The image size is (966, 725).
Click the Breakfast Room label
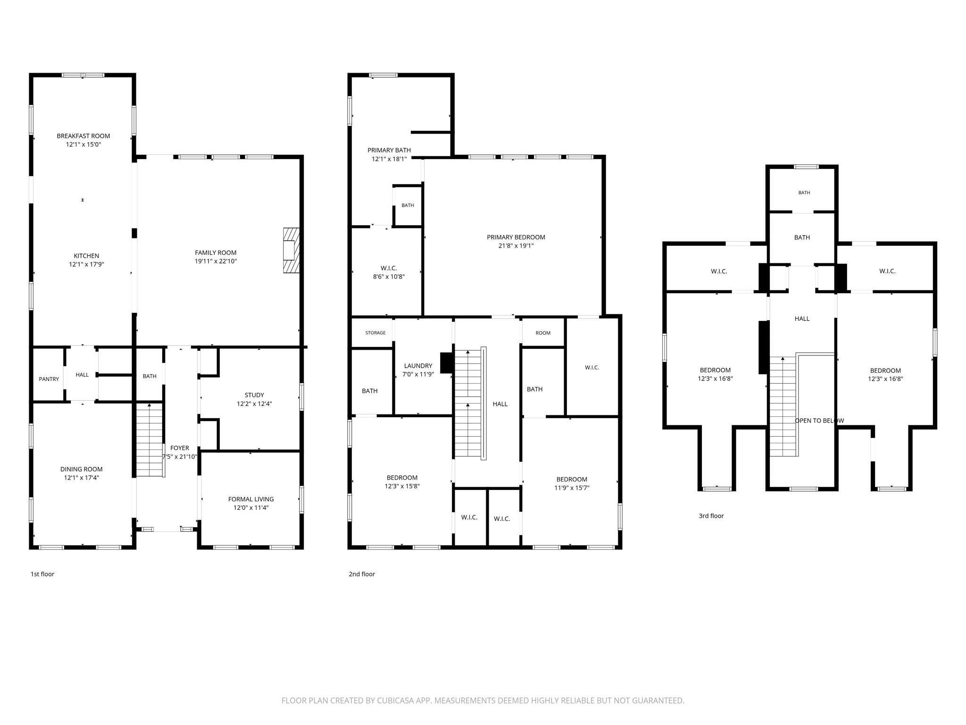[x=83, y=136]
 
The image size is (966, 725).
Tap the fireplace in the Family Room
[x=291, y=250]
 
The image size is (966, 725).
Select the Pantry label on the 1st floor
[x=49, y=379]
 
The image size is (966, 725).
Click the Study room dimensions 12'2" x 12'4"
[x=254, y=404]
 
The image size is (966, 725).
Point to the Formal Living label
[x=251, y=499]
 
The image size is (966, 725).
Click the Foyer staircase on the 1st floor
[x=150, y=440]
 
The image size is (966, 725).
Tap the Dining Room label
[x=82, y=469]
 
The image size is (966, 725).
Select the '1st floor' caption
[x=42, y=574]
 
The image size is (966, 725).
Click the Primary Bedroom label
[x=516, y=237]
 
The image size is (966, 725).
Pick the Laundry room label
[x=418, y=366]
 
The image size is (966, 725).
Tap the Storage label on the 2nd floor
[x=375, y=333]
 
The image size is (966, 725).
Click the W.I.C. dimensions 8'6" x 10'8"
[x=389, y=277]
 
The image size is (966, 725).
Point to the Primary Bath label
[x=389, y=150]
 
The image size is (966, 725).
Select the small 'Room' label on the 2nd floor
[x=543, y=333]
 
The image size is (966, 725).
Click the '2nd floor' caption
[x=362, y=574]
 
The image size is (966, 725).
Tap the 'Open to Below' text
[x=819, y=421]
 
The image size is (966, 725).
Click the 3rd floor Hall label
[x=802, y=319]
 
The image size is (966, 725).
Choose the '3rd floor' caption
[x=711, y=516]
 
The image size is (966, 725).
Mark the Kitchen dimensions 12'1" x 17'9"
[x=86, y=264]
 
